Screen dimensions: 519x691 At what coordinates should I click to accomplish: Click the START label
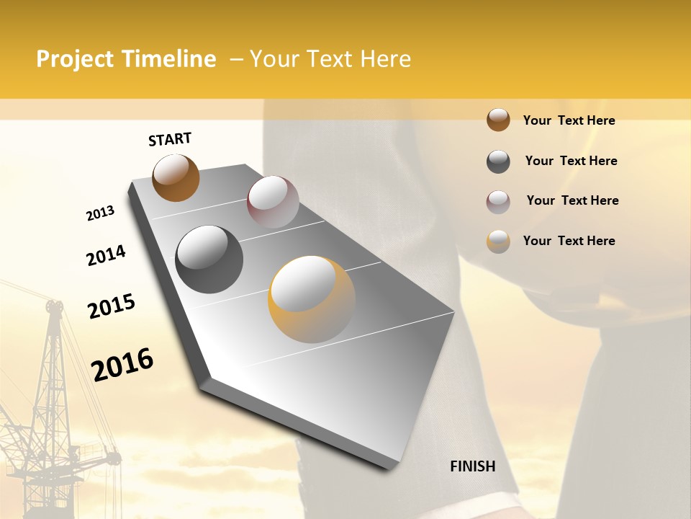(x=170, y=139)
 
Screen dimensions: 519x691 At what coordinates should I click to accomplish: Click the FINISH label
(x=472, y=466)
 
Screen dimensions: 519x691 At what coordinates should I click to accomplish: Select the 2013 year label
(x=100, y=213)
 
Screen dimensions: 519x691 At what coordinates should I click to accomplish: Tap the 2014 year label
(x=106, y=255)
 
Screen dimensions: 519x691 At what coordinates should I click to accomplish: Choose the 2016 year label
(x=122, y=365)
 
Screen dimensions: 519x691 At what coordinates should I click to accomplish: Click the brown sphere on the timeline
(x=176, y=177)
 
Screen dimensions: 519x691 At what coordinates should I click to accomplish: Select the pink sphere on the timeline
(x=273, y=202)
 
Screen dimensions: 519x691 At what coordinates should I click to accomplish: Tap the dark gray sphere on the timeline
(x=209, y=259)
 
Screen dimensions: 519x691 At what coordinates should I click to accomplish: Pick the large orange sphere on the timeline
(x=312, y=299)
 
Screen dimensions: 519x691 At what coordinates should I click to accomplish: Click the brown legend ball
(x=498, y=120)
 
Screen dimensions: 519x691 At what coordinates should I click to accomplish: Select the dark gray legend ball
(x=498, y=161)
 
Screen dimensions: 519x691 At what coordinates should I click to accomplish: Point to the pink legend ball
(x=498, y=202)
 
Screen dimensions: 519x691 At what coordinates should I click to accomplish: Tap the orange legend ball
(x=498, y=241)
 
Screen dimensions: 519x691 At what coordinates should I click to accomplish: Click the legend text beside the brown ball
(x=569, y=120)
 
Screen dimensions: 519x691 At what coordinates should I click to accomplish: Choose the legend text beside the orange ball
(x=569, y=241)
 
